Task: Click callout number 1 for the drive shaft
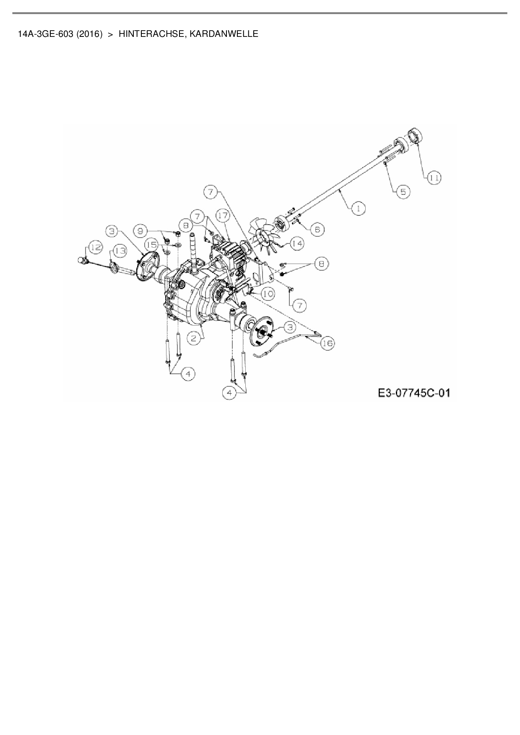pos(359,208)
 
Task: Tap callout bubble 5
pos(403,192)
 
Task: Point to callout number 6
pos(317,229)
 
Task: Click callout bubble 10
pos(268,294)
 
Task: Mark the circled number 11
pos(434,178)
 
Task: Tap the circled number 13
pos(120,251)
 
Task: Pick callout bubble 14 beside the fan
pos(297,243)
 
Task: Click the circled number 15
pos(153,244)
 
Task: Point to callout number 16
pos(328,343)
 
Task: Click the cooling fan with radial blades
pos(263,236)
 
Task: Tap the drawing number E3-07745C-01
pos(413,393)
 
